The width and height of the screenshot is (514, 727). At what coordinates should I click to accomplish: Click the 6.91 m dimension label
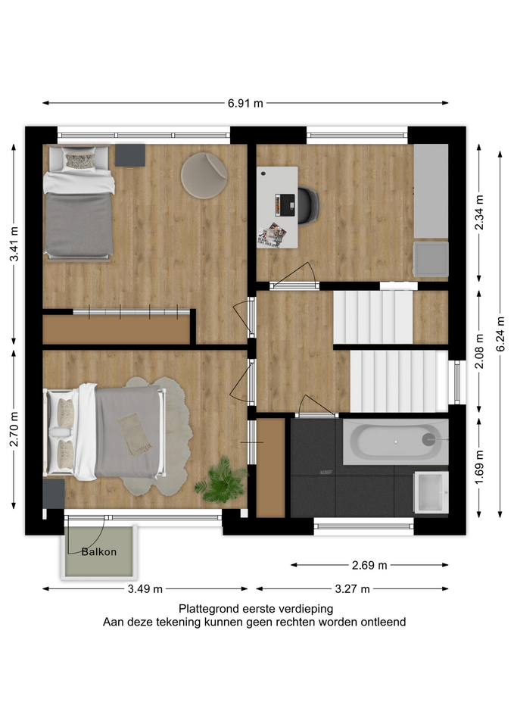(245, 103)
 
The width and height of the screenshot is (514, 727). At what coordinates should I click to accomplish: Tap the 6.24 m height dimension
(500, 334)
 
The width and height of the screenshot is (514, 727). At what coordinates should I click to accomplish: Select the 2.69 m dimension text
(369, 565)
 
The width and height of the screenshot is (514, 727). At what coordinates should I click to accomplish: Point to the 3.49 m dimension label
(145, 589)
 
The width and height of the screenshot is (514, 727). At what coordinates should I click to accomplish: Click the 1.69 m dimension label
(479, 467)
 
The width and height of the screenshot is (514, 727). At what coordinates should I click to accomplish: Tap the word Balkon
(98, 552)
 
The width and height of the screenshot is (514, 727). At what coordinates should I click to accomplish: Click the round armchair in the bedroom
(204, 176)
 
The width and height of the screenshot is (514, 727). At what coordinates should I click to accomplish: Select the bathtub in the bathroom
(395, 442)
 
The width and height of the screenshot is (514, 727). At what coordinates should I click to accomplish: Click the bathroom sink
(431, 492)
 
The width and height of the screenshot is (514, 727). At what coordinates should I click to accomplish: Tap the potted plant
(223, 480)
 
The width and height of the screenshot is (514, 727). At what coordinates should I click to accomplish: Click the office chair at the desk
(308, 205)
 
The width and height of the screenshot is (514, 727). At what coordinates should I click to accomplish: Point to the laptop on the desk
(285, 204)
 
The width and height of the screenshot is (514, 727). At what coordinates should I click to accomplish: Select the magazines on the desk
(272, 236)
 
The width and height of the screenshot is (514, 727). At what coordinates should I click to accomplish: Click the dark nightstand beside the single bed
(130, 154)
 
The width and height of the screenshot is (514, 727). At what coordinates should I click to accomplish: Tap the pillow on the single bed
(80, 161)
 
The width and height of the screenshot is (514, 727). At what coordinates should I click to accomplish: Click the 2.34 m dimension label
(479, 212)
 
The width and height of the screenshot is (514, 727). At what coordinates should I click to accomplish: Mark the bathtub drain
(428, 439)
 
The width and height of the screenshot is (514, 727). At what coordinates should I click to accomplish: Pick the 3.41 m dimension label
(14, 244)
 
